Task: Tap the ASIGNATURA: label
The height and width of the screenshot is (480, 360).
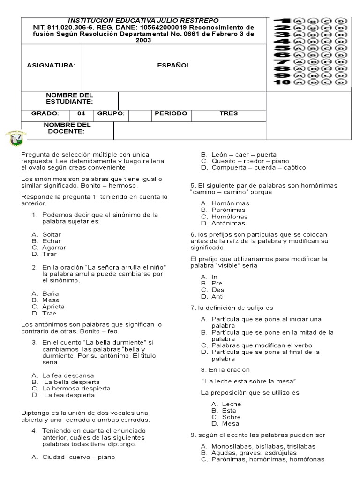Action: (x=51, y=66)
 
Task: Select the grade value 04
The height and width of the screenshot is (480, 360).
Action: (x=82, y=113)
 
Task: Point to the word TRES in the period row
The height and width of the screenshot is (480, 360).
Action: (x=229, y=113)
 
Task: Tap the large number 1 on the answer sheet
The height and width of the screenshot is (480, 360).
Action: (x=283, y=21)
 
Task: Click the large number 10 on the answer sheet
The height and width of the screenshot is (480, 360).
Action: (x=282, y=82)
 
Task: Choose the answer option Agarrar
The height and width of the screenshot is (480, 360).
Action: (x=54, y=247)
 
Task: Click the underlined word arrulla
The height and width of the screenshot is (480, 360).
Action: (x=131, y=268)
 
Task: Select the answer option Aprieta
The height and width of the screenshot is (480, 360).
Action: (x=53, y=307)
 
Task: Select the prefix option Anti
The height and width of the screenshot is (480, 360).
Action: (x=217, y=296)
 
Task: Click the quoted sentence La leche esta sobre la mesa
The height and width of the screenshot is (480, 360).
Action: (x=249, y=381)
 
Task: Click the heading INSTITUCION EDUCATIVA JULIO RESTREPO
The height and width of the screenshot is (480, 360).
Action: (x=143, y=21)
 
